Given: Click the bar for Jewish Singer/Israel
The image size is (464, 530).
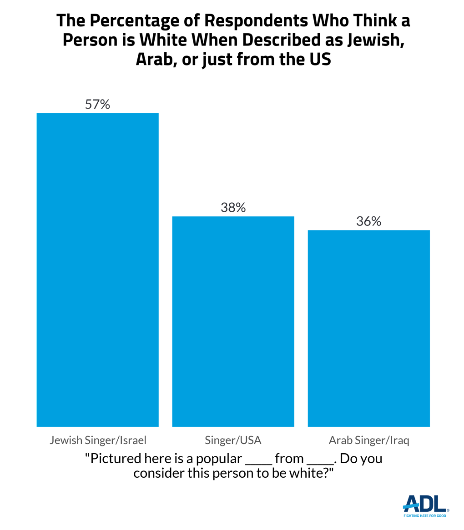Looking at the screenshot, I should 97,270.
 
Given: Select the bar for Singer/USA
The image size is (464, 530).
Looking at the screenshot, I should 233,321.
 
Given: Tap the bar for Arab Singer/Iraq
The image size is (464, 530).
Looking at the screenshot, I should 368,328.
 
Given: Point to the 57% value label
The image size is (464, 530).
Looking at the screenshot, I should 97,105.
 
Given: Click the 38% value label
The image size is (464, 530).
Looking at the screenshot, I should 233,208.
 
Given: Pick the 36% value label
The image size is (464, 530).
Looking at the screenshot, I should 368,221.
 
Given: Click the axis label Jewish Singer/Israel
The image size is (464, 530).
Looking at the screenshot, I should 97,440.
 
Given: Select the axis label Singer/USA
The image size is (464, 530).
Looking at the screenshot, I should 233,440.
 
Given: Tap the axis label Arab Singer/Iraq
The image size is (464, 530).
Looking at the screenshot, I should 368,440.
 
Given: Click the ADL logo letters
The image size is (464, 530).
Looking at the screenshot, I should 425,503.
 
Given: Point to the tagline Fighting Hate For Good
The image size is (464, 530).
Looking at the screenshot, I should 425,515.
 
